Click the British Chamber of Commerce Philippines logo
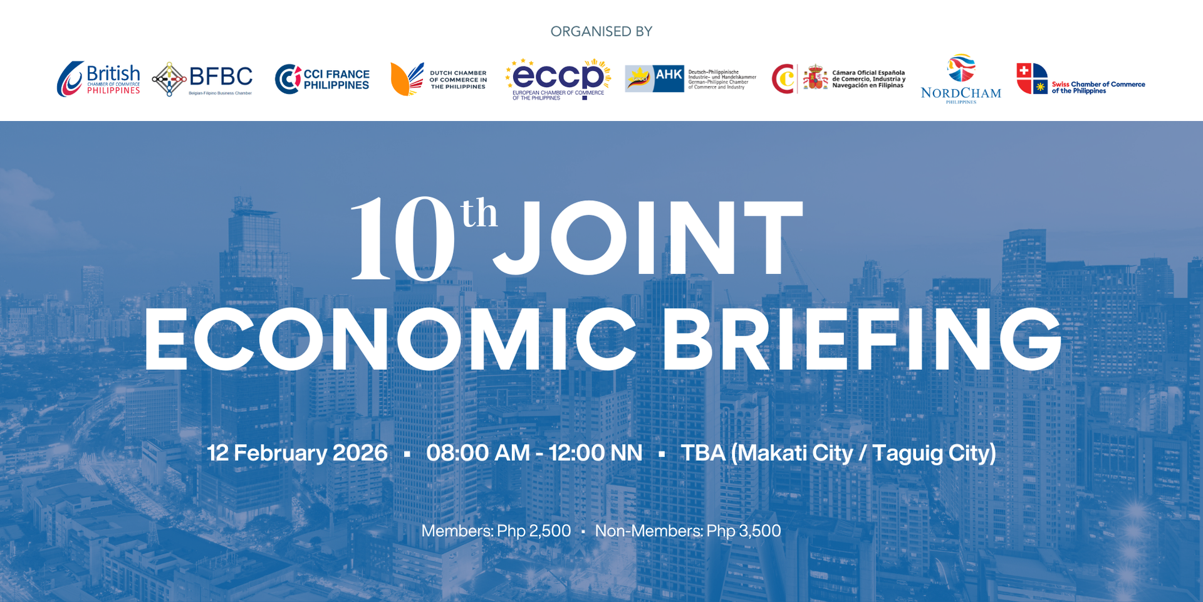(98, 79)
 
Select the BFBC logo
(202, 79)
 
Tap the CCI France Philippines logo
(322, 79)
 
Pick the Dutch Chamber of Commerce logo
(439, 79)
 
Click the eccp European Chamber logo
(558, 79)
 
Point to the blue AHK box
(668, 78)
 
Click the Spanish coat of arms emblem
(815, 78)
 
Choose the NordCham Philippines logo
(961, 79)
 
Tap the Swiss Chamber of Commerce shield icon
(1032, 78)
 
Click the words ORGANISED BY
(601, 31)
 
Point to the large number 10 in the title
(403, 238)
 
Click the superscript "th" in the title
(479, 214)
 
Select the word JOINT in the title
(648, 238)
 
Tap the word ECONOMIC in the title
(390, 340)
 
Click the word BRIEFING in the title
(862, 340)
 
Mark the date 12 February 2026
(297, 453)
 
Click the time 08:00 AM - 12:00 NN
(534, 453)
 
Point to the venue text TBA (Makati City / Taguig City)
(838, 453)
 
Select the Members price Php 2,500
(496, 531)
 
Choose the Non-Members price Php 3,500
(687, 531)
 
